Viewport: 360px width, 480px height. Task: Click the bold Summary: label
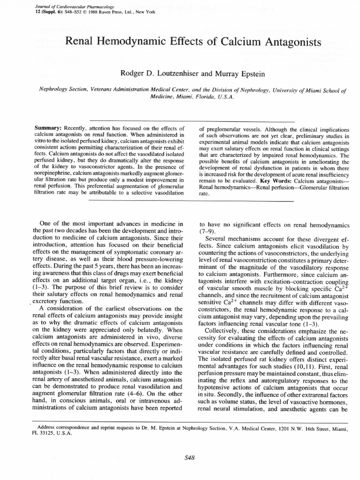pos(49,128)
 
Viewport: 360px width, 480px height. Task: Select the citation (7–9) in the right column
pos(208,232)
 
